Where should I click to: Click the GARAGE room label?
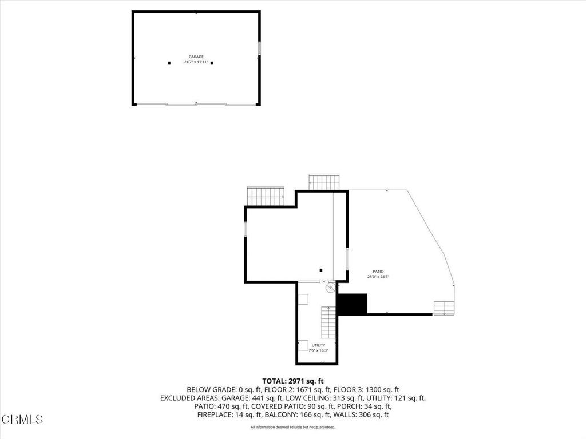click(196, 57)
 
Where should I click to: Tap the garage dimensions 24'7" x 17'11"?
click(196, 62)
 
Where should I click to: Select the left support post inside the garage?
click(169, 63)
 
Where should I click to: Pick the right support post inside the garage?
click(212, 63)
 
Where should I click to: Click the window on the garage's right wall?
click(259, 49)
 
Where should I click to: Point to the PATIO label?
click(378, 272)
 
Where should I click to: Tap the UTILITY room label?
click(318, 345)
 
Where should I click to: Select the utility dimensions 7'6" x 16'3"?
click(318, 350)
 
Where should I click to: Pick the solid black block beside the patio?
click(351, 304)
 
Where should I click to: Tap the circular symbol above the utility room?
click(330, 288)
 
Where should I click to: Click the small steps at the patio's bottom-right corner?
click(444, 308)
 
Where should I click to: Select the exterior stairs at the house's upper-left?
click(266, 195)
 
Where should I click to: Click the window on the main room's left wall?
click(246, 229)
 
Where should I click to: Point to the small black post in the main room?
click(321, 270)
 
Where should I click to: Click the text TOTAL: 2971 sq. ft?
click(293, 381)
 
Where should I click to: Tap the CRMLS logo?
click(22, 420)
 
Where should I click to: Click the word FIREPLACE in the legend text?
click(216, 414)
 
